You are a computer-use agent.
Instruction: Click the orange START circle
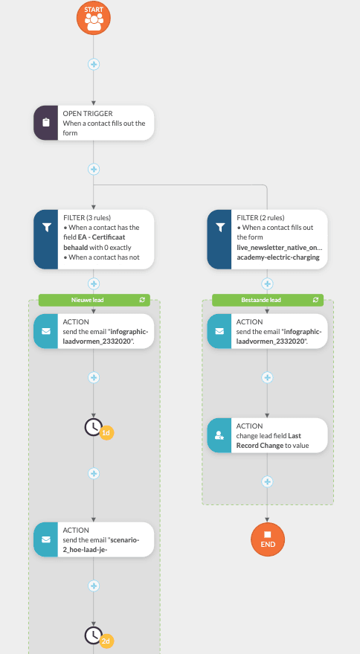tap(94, 18)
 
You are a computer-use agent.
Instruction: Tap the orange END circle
tap(267, 539)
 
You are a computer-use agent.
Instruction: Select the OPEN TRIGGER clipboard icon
tap(46, 123)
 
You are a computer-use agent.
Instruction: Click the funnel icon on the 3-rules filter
tap(46, 227)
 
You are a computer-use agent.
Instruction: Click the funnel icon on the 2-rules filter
tap(220, 227)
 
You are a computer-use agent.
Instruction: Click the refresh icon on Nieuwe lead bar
tap(142, 300)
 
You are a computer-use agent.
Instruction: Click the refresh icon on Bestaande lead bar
tap(316, 300)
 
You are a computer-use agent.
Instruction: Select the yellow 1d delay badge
tap(106, 433)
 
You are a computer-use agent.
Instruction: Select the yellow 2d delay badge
tap(106, 641)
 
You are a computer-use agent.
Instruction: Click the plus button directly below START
tap(94, 64)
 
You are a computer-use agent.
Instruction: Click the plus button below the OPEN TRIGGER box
tap(94, 170)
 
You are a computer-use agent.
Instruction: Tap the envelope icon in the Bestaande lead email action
tap(219, 331)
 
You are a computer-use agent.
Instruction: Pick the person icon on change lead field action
tap(219, 435)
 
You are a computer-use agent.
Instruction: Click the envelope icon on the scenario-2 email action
tap(46, 539)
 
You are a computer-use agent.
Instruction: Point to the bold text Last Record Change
tap(270, 440)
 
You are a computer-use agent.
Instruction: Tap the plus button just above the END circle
tap(267, 481)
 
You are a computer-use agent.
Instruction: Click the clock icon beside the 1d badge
tap(94, 427)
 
